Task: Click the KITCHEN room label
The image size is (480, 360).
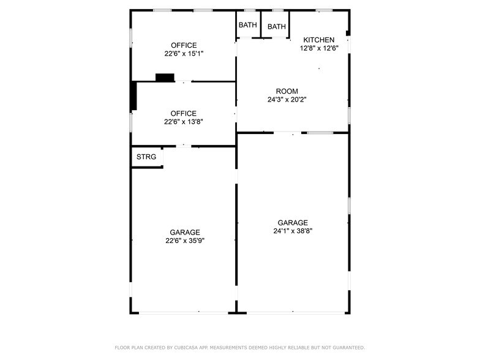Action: coord(319,40)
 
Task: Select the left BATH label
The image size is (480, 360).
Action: coord(248,25)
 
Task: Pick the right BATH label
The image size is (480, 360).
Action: coord(277,26)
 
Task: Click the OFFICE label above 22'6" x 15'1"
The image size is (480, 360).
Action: coord(184,45)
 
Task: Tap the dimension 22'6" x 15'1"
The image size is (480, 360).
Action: coord(184,53)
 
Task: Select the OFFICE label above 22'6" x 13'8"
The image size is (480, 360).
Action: coord(184,113)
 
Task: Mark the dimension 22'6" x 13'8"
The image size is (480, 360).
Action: coord(184,121)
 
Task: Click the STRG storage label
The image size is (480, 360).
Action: coord(146,157)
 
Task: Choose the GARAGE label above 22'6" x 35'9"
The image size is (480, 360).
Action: coord(185,233)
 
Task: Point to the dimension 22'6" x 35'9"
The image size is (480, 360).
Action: coord(185,241)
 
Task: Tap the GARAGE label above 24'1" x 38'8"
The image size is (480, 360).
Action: coord(293,223)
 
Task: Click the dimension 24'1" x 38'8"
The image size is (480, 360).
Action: coord(293,231)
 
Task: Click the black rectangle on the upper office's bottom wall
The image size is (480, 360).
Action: coord(165,77)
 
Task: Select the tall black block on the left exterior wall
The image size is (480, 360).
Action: coord(133,96)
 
